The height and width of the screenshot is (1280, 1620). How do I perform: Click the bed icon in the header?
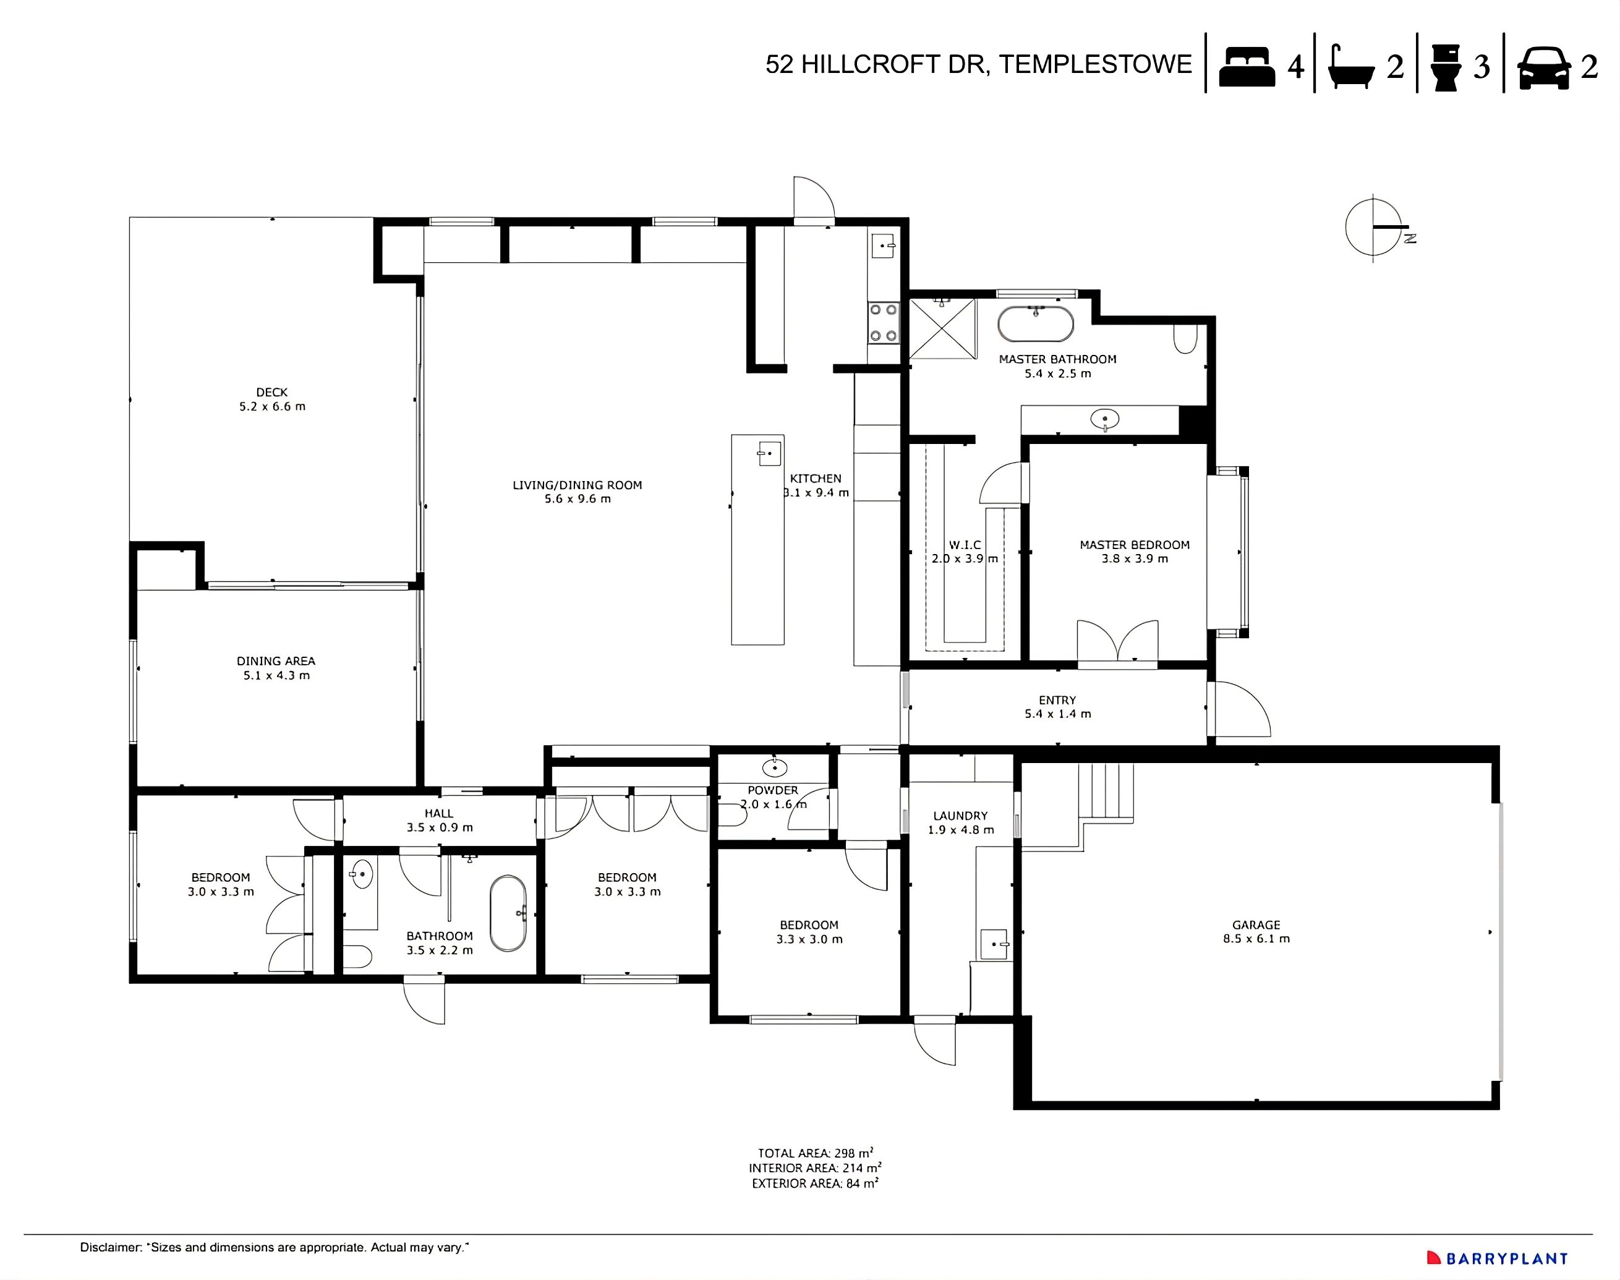[x=1246, y=67]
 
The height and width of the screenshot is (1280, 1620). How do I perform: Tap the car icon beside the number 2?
[x=1543, y=68]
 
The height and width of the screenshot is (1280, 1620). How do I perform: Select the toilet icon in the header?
[x=1446, y=67]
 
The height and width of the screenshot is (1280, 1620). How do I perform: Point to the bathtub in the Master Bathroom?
[x=1036, y=325]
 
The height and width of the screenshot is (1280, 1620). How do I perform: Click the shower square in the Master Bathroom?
[x=942, y=328]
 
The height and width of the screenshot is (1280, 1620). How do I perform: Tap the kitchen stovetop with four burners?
[x=884, y=323]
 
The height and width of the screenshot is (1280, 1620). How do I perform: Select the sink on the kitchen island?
[x=769, y=453]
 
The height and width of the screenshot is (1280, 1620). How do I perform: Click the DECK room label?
[x=271, y=392]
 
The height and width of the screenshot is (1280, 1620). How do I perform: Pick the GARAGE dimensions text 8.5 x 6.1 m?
[x=1256, y=938]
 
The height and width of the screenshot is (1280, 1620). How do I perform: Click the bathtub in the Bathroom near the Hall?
[x=508, y=913]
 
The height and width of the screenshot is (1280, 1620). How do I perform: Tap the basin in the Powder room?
[x=774, y=767]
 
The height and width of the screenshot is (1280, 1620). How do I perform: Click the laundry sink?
[x=994, y=944]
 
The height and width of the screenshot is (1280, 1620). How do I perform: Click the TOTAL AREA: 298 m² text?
[x=815, y=1153]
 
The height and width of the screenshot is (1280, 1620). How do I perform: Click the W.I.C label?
[x=965, y=545]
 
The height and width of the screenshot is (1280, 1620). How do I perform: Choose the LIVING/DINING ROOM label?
[x=577, y=485]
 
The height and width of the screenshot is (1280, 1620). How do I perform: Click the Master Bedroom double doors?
[x=1117, y=642]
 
